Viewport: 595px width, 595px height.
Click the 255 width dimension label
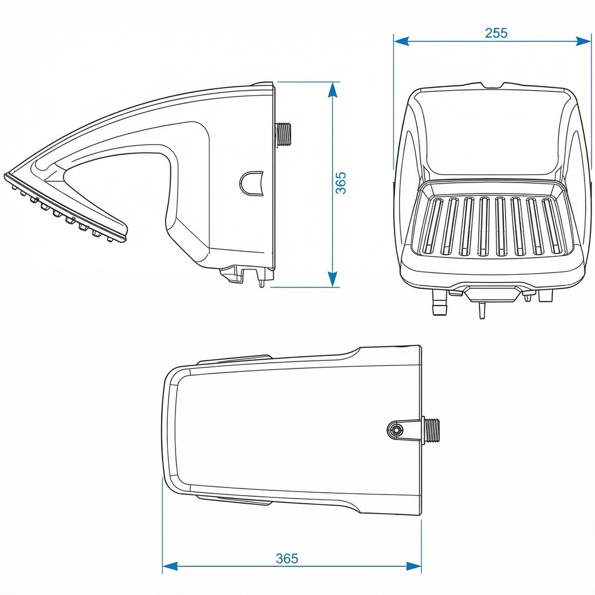click(496, 33)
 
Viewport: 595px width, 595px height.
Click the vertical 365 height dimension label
click(340, 183)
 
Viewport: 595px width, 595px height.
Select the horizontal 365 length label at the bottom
click(287, 558)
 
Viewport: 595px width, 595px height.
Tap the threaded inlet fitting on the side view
click(283, 134)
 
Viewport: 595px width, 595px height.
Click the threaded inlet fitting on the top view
click(431, 430)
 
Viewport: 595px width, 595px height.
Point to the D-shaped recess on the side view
click(251, 184)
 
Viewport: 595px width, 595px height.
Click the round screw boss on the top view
click(396, 431)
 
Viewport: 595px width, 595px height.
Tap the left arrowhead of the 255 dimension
click(402, 41)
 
